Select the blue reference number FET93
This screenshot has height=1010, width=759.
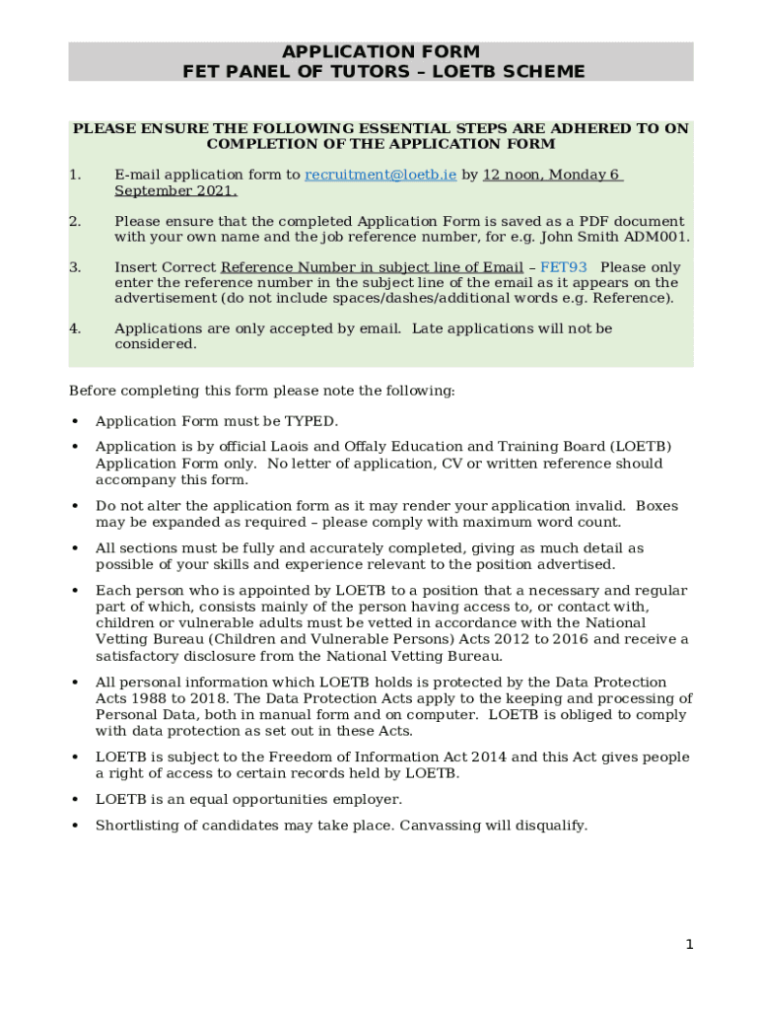[x=563, y=267]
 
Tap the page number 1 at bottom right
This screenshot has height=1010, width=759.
[x=690, y=945]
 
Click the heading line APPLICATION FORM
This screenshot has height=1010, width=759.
[x=380, y=51]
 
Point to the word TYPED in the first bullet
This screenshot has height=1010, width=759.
[x=310, y=421]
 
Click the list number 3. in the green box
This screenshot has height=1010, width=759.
[x=75, y=267]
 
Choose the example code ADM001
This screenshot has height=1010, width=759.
[x=662, y=237]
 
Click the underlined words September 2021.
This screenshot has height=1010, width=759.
[x=175, y=190]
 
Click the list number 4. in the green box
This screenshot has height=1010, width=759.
[x=75, y=328]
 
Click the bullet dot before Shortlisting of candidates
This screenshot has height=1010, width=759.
[x=75, y=826]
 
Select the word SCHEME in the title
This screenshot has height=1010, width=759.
[x=540, y=71]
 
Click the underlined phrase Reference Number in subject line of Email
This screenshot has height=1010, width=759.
[x=372, y=267]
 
